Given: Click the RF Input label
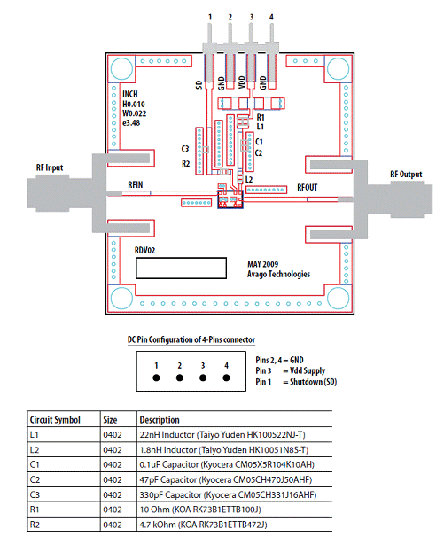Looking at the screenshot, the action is click(x=50, y=167).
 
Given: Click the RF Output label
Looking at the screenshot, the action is click(x=406, y=175).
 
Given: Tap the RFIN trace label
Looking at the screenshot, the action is click(x=136, y=185).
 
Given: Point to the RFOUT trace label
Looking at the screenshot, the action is click(x=308, y=188).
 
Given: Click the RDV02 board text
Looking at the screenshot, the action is click(x=145, y=251).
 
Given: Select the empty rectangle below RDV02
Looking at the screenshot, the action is click(x=181, y=268).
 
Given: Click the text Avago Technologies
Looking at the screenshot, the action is click(x=278, y=274).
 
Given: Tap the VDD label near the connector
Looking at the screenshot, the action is click(x=242, y=83).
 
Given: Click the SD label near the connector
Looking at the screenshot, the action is click(x=199, y=85).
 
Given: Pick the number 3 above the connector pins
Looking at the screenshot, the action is click(x=252, y=17).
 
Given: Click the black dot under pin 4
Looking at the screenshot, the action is click(x=226, y=377).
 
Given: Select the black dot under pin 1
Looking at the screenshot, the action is click(x=156, y=377).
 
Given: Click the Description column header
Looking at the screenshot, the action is click(x=160, y=420).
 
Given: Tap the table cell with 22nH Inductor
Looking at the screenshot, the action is click(x=234, y=434).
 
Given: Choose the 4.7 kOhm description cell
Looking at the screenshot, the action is click(x=234, y=525).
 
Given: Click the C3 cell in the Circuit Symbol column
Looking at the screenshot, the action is click(x=64, y=494).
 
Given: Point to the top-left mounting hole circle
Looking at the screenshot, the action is click(x=122, y=68).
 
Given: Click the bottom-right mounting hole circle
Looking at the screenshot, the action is click(x=339, y=298).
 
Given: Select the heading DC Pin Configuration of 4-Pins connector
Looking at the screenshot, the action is click(x=191, y=339).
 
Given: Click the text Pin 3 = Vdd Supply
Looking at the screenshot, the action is click(x=291, y=371).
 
